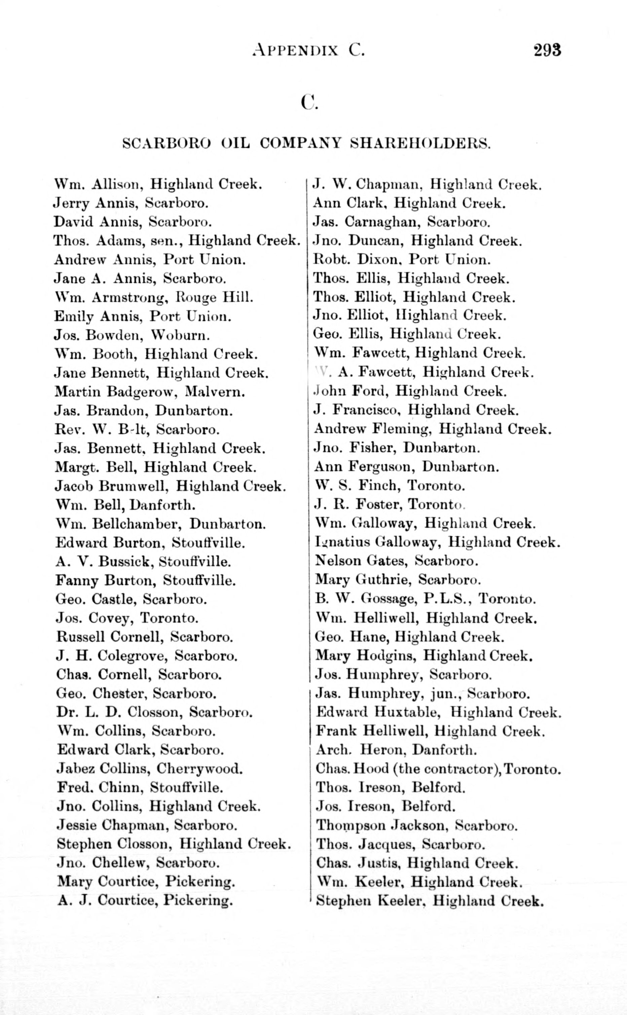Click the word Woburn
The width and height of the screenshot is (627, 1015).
(180, 335)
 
